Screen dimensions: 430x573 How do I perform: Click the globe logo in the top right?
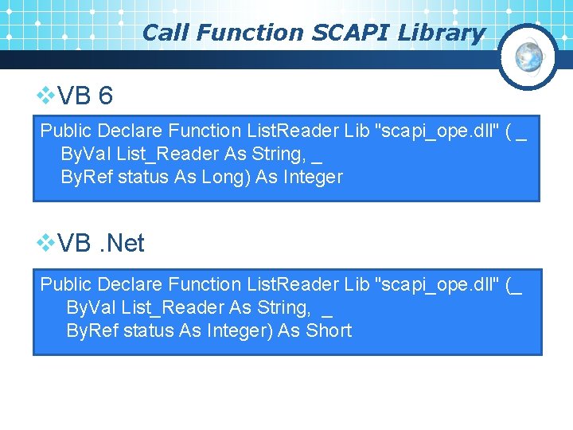tap(528, 57)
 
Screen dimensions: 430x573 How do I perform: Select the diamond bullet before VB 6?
tap(47, 96)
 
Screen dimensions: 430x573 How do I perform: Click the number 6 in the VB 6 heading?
tap(106, 96)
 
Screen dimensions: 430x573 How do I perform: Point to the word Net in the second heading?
tap(125, 244)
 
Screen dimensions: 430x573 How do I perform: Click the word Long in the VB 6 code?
tap(231, 177)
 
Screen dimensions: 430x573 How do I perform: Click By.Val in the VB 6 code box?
tap(84, 154)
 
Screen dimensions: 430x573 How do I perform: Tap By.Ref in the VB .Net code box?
tap(89, 330)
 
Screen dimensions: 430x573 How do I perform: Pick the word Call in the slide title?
tap(166, 33)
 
